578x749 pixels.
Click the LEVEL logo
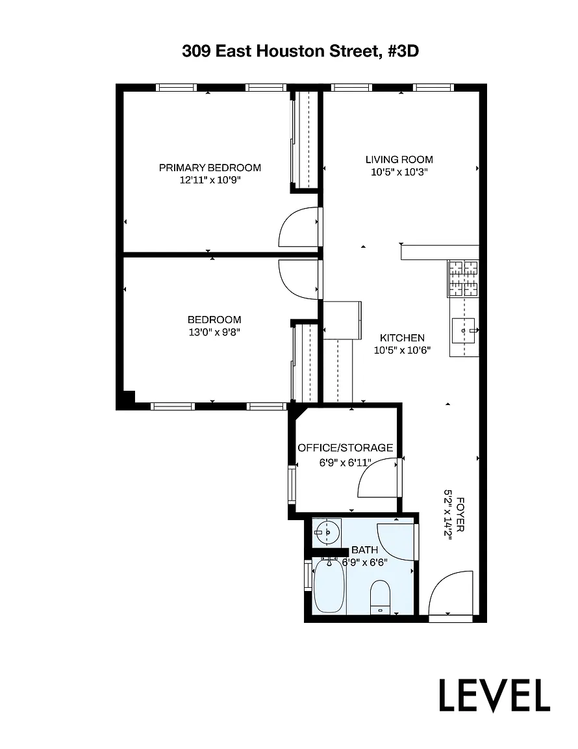point(494,696)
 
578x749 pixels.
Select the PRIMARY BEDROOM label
point(210,168)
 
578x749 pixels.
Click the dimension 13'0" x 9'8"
point(214,332)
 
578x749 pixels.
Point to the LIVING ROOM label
point(399,159)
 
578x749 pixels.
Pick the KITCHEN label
point(403,337)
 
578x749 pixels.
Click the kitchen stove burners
point(463,278)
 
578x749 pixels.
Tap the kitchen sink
point(464,330)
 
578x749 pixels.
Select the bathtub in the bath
point(329,586)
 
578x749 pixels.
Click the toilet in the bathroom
point(381,597)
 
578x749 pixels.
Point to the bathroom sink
point(327,532)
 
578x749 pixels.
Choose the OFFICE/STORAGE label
point(346,447)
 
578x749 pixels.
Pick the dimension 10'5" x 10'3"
point(399,172)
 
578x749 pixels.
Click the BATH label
point(364,550)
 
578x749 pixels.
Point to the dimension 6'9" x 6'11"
point(346,462)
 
